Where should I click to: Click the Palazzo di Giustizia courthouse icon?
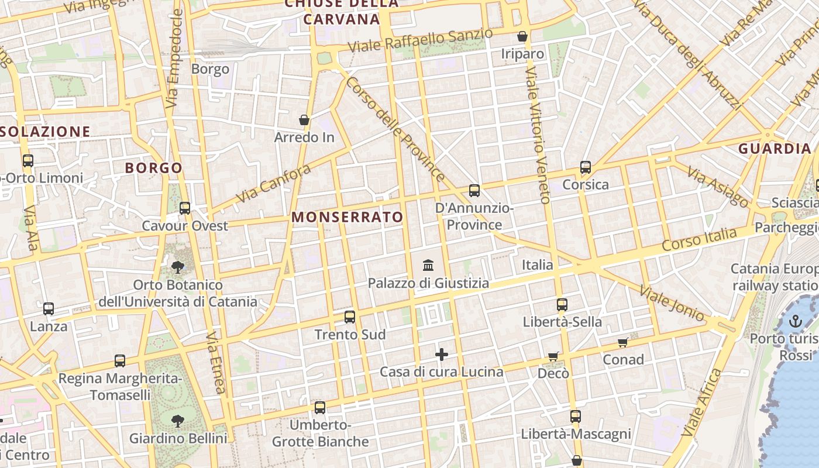click(428, 266)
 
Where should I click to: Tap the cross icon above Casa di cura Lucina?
click(442, 354)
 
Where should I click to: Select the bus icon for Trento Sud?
click(350, 317)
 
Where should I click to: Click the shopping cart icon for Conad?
click(623, 342)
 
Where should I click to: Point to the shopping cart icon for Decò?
click(553, 356)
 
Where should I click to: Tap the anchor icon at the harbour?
click(795, 321)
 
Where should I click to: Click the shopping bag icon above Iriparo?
click(522, 36)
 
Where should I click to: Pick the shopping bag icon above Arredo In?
click(304, 120)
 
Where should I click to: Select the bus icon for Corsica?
click(586, 167)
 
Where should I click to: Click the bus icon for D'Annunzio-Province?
click(474, 190)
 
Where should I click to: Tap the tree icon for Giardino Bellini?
click(178, 421)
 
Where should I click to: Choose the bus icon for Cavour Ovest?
click(185, 208)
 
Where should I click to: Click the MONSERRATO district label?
click(347, 217)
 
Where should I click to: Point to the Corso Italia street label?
click(700, 240)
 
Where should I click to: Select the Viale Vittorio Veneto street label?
click(537, 135)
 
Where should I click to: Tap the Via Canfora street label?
click(274, 184)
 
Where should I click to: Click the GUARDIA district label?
click(775, 149)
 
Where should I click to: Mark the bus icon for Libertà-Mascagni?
click(576, 417)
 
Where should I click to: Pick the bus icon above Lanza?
click(49, 308)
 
